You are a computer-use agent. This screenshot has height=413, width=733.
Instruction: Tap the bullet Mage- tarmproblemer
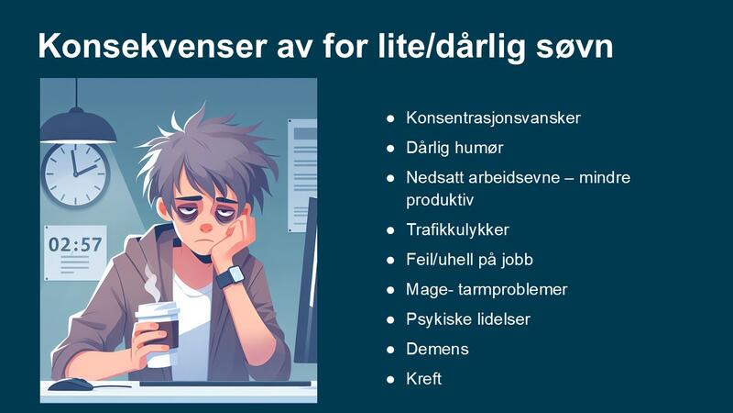[487, 289]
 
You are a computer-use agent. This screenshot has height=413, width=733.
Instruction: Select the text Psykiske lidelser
[468, 319]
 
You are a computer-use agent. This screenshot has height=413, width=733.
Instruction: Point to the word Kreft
[424, 378]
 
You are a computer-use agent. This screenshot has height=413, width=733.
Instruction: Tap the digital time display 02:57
[75, 245]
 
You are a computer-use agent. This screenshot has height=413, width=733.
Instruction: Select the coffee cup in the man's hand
[156, 330]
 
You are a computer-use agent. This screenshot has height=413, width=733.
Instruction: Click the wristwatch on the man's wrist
[233, 275]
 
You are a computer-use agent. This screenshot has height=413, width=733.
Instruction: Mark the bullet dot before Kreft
[389, 378]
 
